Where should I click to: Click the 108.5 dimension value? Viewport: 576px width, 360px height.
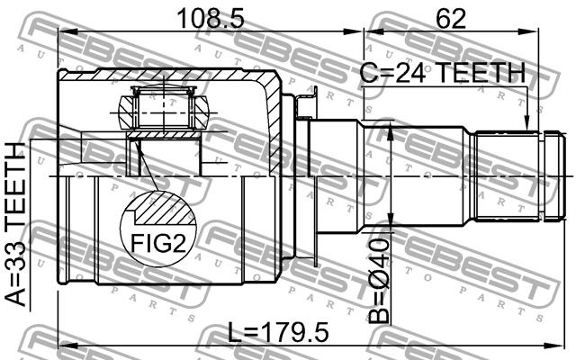[x=211, y=18]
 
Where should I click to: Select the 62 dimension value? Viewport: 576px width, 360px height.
[x=450, y=18]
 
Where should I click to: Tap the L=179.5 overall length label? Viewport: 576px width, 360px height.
[x=278, y=332]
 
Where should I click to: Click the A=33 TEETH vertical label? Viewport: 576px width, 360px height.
[x=16, y=225]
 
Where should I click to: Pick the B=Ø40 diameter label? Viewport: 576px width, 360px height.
[x=379, y=281]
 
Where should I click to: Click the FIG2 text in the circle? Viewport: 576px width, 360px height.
[x=158, y=244]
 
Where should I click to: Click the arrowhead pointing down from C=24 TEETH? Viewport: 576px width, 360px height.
[x=526, y=123]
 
